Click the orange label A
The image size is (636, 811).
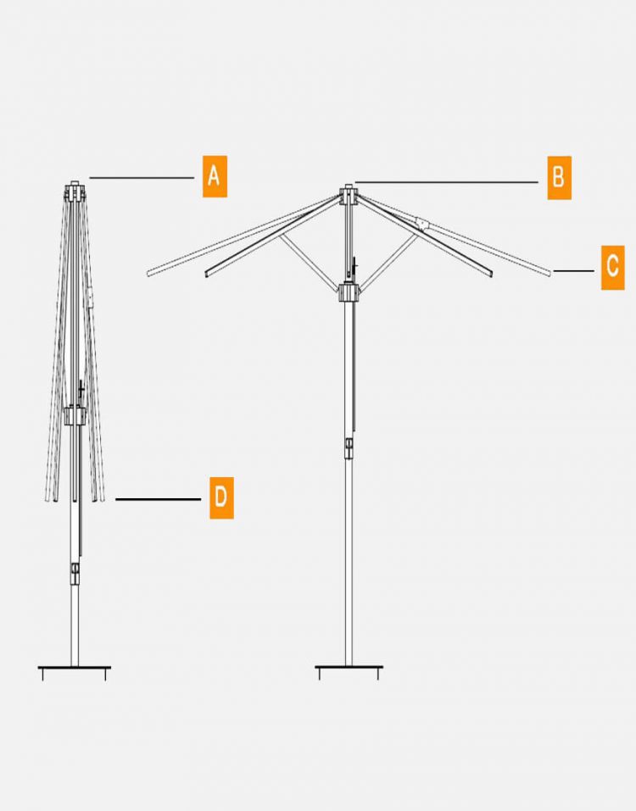click(215, 176)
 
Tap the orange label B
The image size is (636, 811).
click(560, 177)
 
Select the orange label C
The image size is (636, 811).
click(613, 268)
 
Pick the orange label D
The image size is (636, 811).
click(221, 497)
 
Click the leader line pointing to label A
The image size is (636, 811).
click(142, 178)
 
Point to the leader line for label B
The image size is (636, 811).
click(447, 182)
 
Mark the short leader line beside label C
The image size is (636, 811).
click(574, 270)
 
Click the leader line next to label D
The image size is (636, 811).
click(158, 499)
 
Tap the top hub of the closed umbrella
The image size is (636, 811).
click(75, 191)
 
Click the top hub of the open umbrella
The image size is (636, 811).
click(349, 194)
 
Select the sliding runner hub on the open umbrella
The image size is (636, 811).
click(349, 292)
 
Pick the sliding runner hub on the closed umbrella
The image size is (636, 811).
click(75, 416)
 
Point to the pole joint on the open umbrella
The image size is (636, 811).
click(349, 448)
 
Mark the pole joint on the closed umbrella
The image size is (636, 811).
click(75, 574)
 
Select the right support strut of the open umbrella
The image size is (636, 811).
click(388, 263)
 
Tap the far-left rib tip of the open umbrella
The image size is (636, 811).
click(148, 273)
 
